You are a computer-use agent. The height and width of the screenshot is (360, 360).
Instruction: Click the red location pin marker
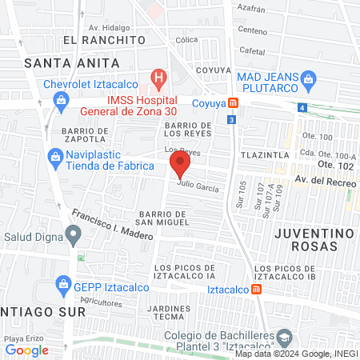pyautogui.click(x=180, y=166)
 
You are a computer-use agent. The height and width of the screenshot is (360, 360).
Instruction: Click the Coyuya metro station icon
pyautogui.click(x=233, y=102)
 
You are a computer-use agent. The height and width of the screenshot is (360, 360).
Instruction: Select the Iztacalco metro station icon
pyautogui.click(x=257, y=290)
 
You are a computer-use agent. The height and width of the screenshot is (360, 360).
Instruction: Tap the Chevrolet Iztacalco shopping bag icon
pyautogui.click(x=60, y=99)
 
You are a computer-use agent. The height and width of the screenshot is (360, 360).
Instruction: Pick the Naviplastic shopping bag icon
pyautogui.click(x=54, y=158)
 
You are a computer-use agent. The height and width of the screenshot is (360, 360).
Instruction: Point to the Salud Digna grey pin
pyautogui.click(x=74, y=236)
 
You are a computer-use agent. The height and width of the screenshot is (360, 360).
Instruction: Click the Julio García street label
pyautogui.click(x=198, y=186)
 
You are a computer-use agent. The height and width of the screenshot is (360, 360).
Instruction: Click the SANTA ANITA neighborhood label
pyautogui.click(x=72, y=62)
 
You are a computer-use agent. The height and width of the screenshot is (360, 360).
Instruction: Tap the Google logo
pyautogui.click(x=27, y=350)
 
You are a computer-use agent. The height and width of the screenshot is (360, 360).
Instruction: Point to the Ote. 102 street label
pyautogui.click(x=337, y=165)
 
